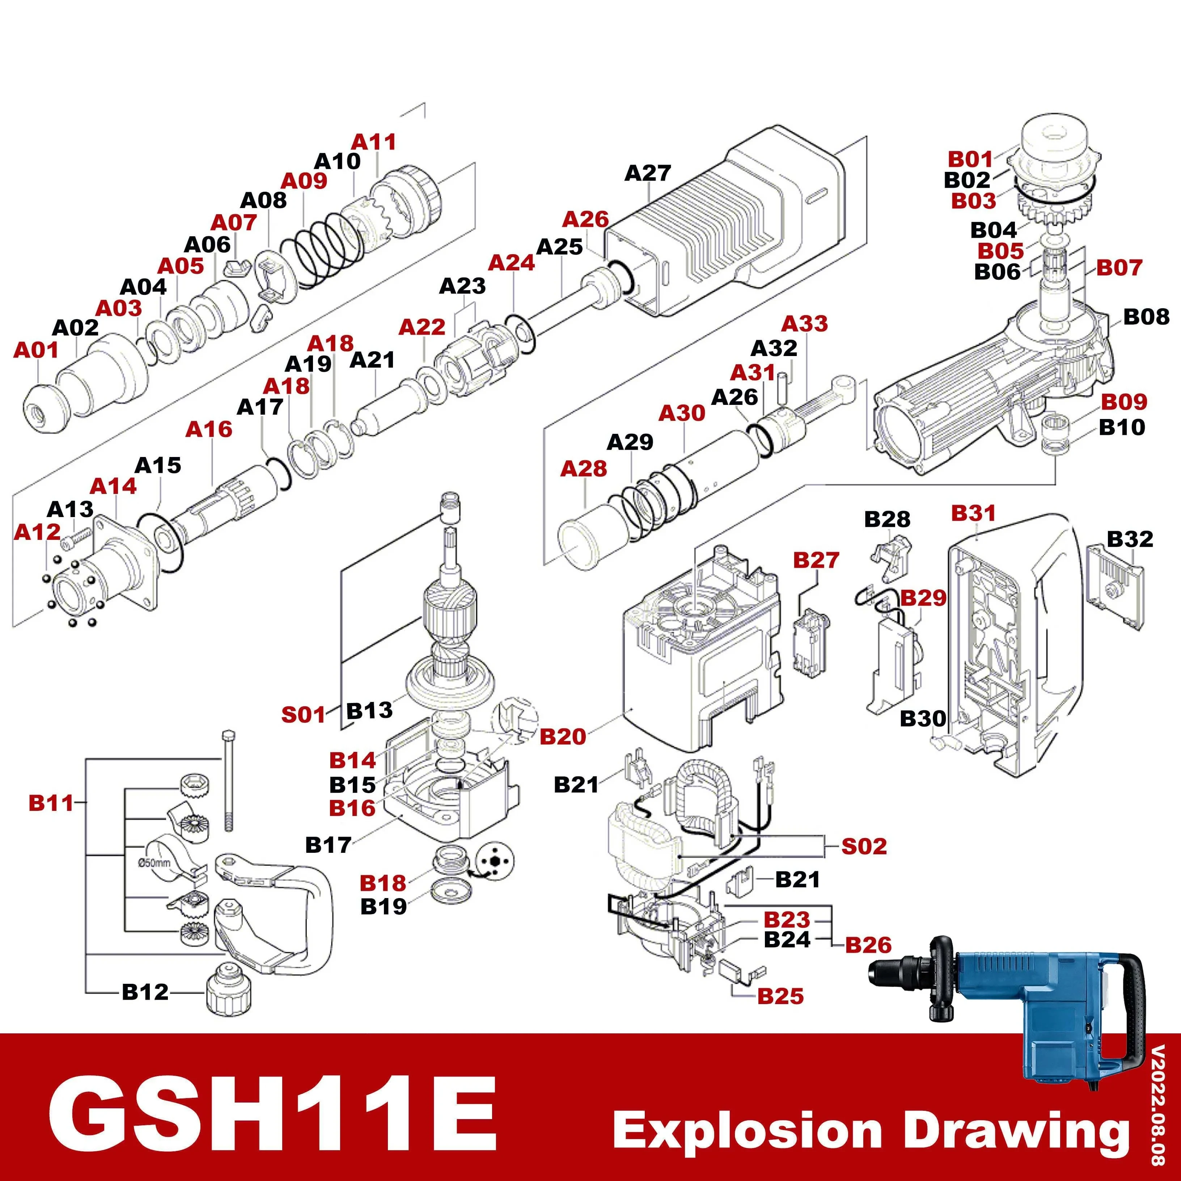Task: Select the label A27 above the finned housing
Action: pyautogui.click(x=647, y=173)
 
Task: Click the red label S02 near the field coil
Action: pyautogui.click(x=863, y=846)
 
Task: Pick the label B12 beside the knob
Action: pyautogui.click(x=145, y=991)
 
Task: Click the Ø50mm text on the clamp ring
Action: pyautogui.click(x=154, y=863)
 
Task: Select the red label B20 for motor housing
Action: pyautogui.click(x=562, y=737)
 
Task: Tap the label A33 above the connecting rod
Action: pyautogui.click(x=804, y=323)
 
